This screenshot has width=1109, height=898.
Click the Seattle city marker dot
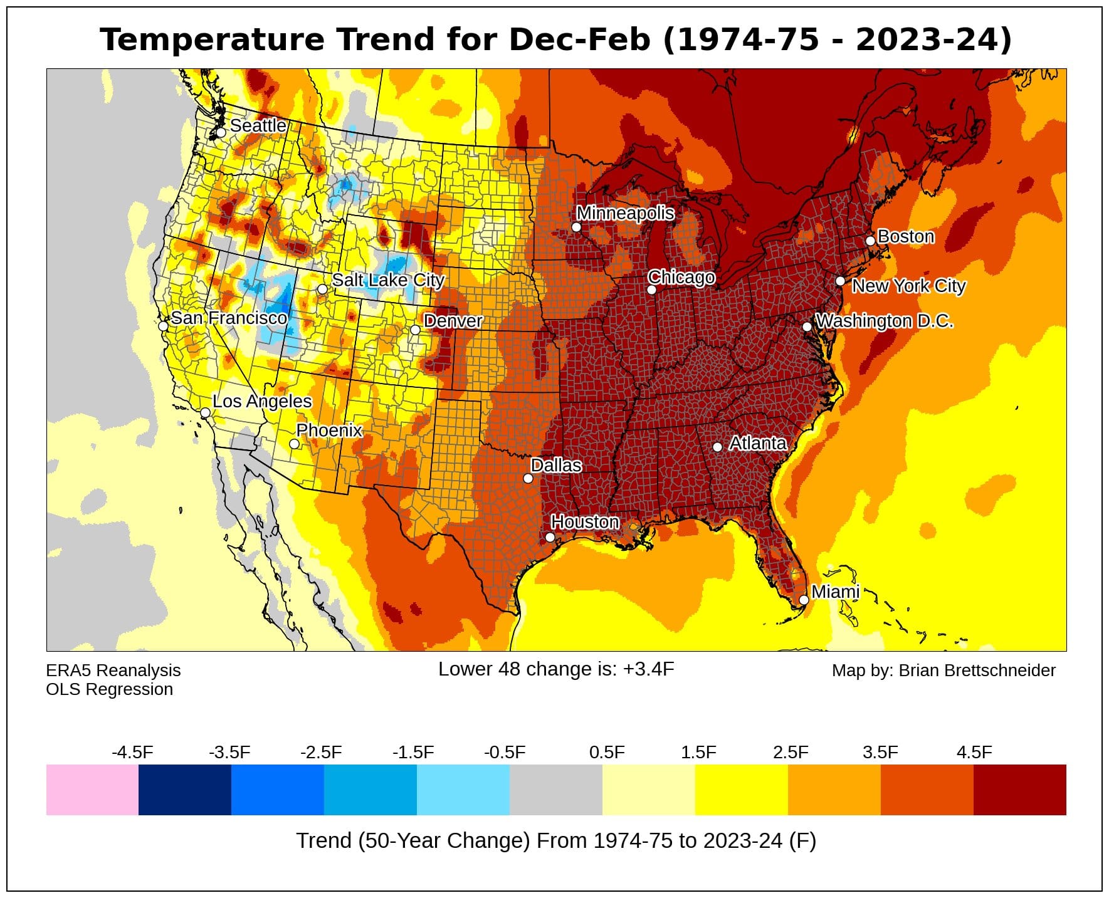point(221,133)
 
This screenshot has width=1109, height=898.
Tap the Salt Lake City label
point(388,280)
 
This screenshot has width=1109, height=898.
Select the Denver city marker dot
point(415,330)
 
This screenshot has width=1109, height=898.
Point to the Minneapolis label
point(625,213)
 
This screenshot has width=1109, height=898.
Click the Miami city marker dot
point(804,600)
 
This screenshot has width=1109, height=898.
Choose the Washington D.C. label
point(884,321)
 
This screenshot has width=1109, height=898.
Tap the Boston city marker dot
point(870,241)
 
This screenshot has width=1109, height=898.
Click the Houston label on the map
point(585,522)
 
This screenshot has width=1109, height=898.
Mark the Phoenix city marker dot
point(294,444)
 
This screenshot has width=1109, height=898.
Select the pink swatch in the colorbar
point(92,790)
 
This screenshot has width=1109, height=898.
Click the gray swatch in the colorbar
point(555,790)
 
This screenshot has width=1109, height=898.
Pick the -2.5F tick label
point(321,752)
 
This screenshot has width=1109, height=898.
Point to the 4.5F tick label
point(974,752)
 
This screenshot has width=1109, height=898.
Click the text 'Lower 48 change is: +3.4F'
point(556,669)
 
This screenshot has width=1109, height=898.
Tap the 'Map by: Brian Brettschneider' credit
point(943,671)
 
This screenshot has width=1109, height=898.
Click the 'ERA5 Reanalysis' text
point(113,671)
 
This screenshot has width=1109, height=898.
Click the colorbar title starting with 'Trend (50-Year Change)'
point(555,840)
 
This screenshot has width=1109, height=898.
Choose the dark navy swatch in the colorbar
point(185,790)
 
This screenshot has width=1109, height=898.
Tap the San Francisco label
point(229,318)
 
